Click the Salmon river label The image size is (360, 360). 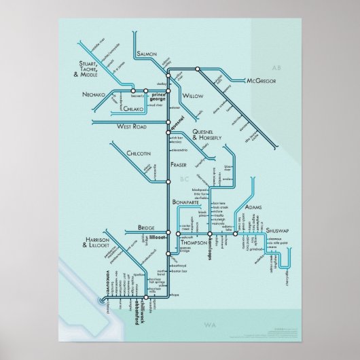pyautogui.click(x=147, y=52)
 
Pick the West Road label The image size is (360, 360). pyautogui.click(x=132, y=126)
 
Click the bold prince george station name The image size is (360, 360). pyautogui.click(x=158, y=96)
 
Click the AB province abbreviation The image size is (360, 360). pyautogui.click(x=275, y=69)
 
